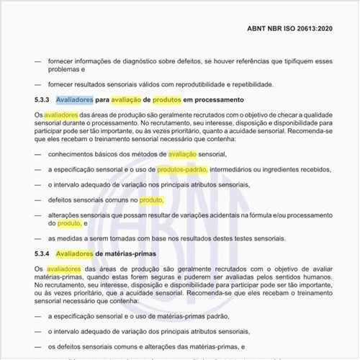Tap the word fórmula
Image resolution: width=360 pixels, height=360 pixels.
click(253, 215)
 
